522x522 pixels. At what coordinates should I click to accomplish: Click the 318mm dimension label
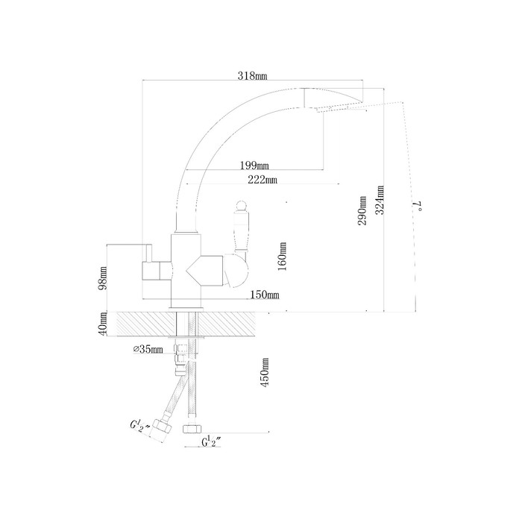[x=252, y=76]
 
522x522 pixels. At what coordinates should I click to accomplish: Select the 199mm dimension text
[x=254, y=165]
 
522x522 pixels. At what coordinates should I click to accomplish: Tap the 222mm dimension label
[x=262, y=180]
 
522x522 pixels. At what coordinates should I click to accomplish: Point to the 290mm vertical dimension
[x=362, y=210]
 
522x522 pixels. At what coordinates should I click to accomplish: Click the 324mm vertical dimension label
[x=380, y=200]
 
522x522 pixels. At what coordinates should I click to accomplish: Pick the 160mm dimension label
[x=283, y=257]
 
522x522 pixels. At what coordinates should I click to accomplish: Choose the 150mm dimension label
[x=265, y=295]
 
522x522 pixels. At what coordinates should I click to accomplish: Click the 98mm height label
[x=103, y=278]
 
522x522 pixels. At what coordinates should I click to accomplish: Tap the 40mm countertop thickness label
[x=103, y=324]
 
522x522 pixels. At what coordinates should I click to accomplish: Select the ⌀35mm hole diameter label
[x=148, y=349]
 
